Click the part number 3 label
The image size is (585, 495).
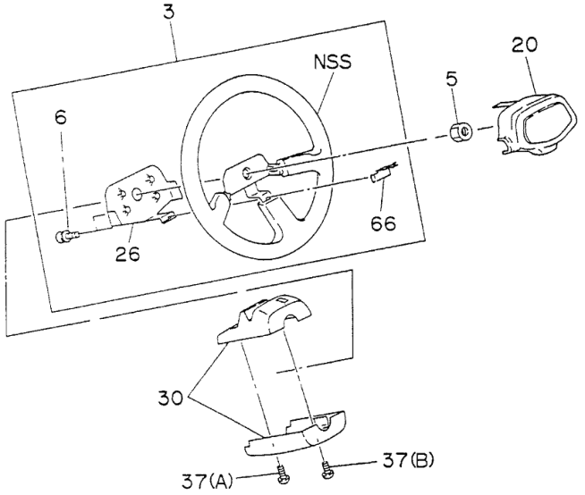click(169, 14)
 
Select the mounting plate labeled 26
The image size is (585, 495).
click(139, 197)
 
